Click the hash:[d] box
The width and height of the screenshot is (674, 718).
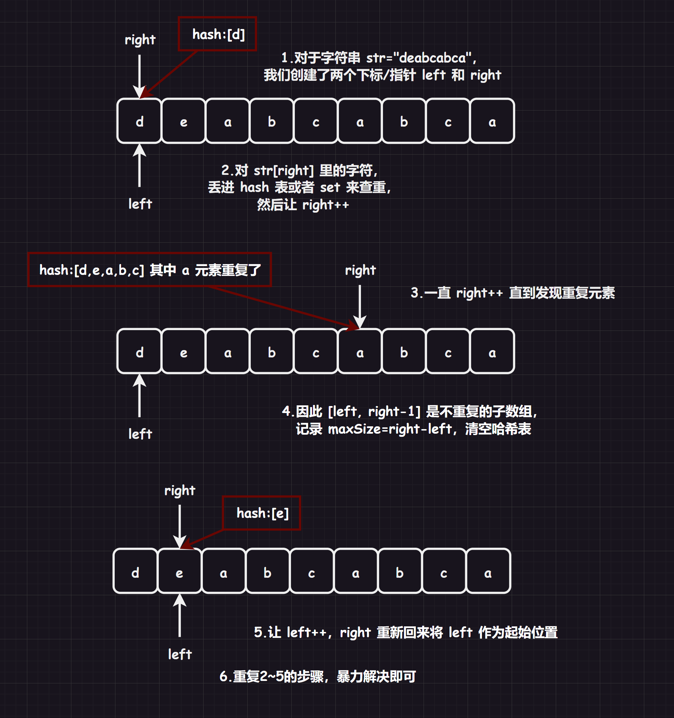[218, 34]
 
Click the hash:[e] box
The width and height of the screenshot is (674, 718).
[262, 513]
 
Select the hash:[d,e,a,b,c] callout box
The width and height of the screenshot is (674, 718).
[150, 270]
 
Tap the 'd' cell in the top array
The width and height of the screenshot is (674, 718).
[140, 121]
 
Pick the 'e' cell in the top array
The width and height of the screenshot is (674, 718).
[184, 121]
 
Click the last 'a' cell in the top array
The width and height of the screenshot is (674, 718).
[492, 121]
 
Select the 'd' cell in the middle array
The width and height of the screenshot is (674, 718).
[140, 352]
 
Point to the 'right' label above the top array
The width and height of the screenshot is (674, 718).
[140, 40]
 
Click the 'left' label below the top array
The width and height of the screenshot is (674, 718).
[140, 204]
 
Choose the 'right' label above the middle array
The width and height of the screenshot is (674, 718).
[360, 270]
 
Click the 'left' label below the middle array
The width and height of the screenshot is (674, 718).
[140, 434]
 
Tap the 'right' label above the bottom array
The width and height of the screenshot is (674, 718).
[179, 490]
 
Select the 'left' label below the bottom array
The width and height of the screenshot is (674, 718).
[179, 654]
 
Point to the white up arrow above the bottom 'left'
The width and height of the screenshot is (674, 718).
[179, 616]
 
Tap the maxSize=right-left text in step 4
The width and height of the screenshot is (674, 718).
[390, 429]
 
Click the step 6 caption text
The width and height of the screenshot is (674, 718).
[318, 676]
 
